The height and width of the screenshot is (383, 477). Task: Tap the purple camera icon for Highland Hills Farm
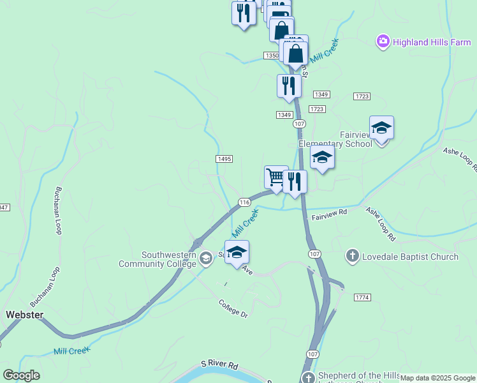click(x=383, y=42)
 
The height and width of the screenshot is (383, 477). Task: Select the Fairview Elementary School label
click(x=338, y=139)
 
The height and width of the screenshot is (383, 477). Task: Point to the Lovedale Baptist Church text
click(x=410, y=257)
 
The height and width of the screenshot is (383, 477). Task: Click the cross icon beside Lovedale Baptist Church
click(x=351, y=257)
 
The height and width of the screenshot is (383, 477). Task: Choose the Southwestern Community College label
click(x=158, y=259)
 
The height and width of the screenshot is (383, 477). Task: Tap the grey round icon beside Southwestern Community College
click(x=205, y=259)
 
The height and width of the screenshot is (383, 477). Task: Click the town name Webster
click(x=24, y=315)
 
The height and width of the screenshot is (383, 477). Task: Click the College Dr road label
click(x=232, y=308)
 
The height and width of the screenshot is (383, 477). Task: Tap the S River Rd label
click(x=219, y=365)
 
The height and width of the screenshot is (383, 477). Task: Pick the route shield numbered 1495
click(x=224, y=159)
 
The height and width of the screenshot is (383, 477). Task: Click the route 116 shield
click(x=244, y=202)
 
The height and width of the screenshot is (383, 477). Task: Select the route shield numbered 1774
click(x=362, y=297)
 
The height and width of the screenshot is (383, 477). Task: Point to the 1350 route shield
click(x=271, y=56)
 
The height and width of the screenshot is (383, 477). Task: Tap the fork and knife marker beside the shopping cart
click(x=295, y=181)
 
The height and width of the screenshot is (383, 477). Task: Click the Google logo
click(x=21, y=375)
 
